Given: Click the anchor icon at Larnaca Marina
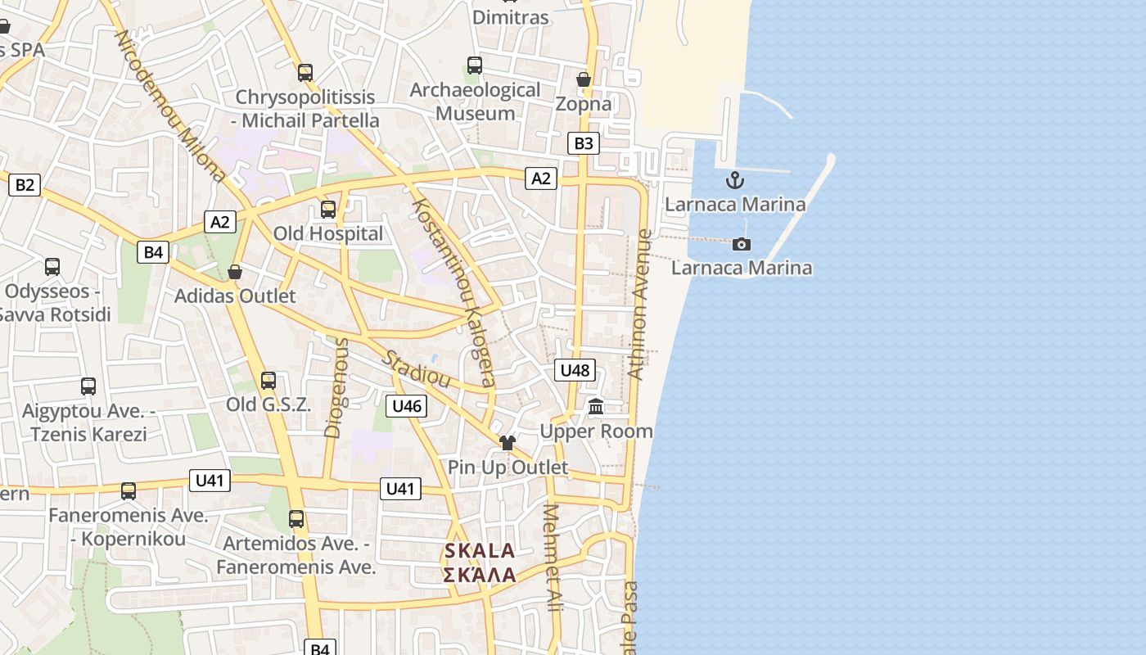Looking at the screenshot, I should click(735, 180).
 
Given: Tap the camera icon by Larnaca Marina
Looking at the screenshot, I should click(742, 244).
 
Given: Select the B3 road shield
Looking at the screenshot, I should click(583, 143).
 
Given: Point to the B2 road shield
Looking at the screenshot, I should click(25, 184).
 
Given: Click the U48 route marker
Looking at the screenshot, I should click(575, 370).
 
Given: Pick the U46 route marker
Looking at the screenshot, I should click(407, 405).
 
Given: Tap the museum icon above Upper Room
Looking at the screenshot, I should click(596, 406).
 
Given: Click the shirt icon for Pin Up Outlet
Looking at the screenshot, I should click(508, 443).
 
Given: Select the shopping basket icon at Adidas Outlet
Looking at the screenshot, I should click(235, 272).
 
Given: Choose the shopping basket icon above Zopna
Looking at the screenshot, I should click(584, 79).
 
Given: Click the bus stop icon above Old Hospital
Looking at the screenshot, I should click(328, 210).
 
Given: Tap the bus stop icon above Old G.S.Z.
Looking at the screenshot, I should click(268, 381).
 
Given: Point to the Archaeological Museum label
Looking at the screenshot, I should click(475, 102).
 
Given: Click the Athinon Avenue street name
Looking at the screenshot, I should click(640, 305).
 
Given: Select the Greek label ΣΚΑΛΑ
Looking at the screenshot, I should click(480, 575).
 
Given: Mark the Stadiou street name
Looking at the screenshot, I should click(417, 368).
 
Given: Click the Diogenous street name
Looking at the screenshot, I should click(336, 388).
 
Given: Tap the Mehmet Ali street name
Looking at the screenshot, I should click(553, 558).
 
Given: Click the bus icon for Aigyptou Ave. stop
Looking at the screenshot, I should click(88, 386).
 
